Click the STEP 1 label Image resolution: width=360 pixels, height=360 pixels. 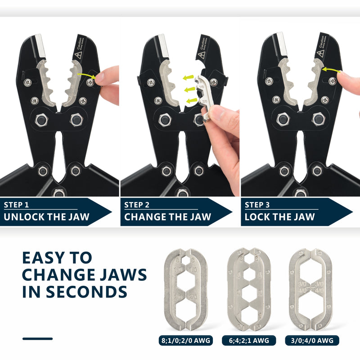17,205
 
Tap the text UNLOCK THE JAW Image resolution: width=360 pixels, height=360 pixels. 47,217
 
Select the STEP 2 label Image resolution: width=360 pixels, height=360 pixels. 137,205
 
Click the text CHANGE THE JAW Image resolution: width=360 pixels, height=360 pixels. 167,217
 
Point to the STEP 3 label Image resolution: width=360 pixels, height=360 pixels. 257,205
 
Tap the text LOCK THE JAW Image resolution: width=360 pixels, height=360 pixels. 279,217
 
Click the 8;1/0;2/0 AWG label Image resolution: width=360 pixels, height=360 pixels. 186,341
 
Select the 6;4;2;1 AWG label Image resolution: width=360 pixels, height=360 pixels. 248,341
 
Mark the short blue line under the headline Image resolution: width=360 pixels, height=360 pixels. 37,338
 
